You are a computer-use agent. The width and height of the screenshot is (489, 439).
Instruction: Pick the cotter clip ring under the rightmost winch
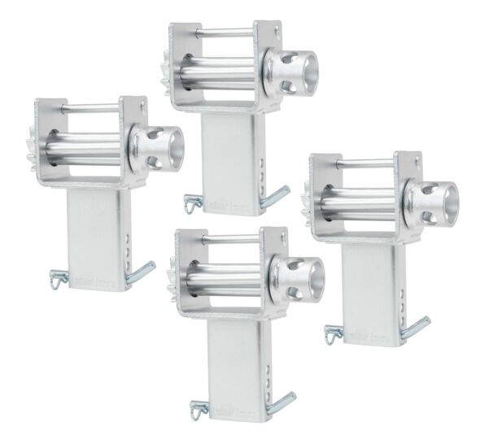click(332, 333)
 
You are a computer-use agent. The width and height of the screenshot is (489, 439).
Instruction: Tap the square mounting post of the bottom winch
click(236, 366)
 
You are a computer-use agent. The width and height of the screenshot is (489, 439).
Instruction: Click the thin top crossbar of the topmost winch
click(224, 33)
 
